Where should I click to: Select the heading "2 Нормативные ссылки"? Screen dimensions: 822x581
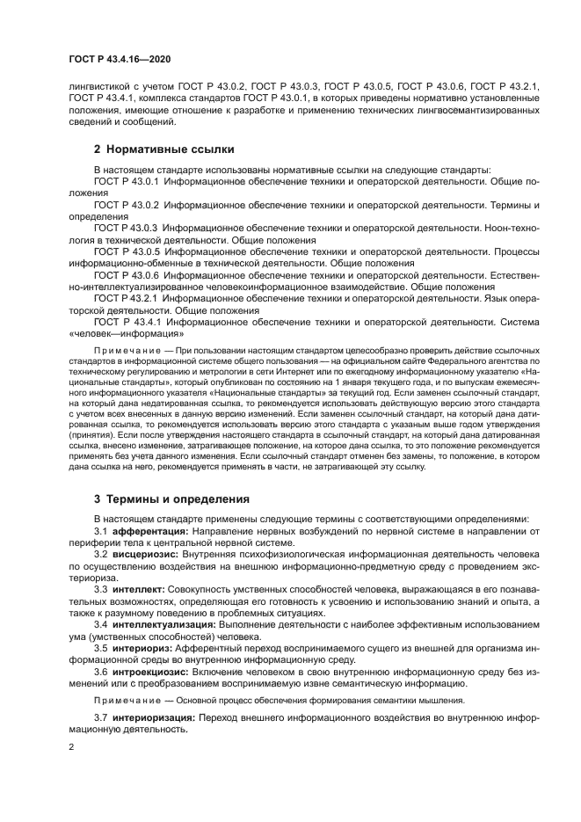tap(163, 149)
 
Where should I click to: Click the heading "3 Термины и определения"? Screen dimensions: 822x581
tap(171, 498)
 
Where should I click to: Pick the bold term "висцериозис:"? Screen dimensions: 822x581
tap(143, 556)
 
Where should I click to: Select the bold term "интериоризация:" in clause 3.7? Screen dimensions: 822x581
tap(154, 717)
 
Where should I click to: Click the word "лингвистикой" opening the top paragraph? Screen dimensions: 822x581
tap(98, 85)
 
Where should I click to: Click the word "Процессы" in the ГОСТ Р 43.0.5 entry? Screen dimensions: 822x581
tap(512, 251)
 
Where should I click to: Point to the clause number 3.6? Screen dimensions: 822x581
tap(100, 673)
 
